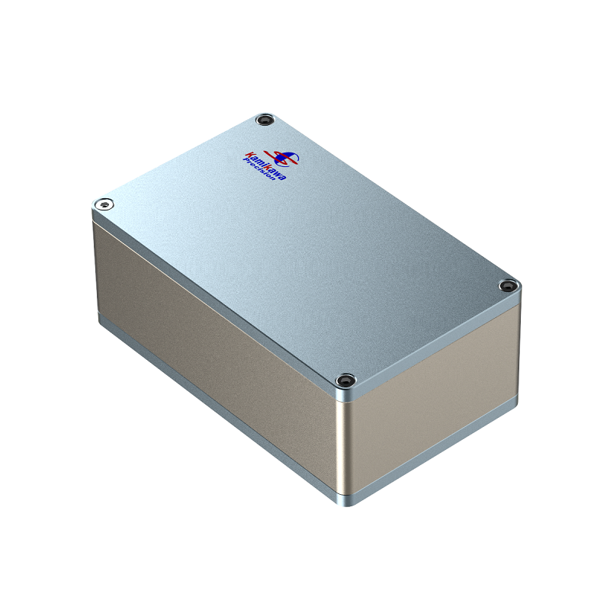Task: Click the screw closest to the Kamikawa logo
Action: coord(265,120)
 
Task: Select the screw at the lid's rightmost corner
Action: coord(506,286)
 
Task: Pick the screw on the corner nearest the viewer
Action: coord(345,379)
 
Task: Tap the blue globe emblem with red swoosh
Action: coord(287,157)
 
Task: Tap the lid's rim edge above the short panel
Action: coord(435,343)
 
